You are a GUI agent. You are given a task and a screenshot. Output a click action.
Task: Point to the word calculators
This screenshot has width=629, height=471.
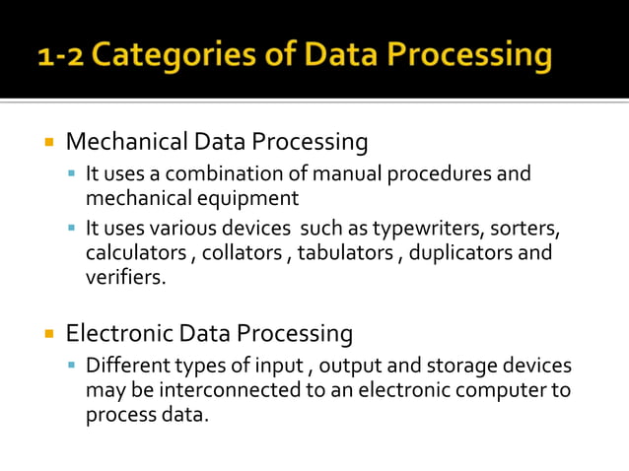tap(135, 253)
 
